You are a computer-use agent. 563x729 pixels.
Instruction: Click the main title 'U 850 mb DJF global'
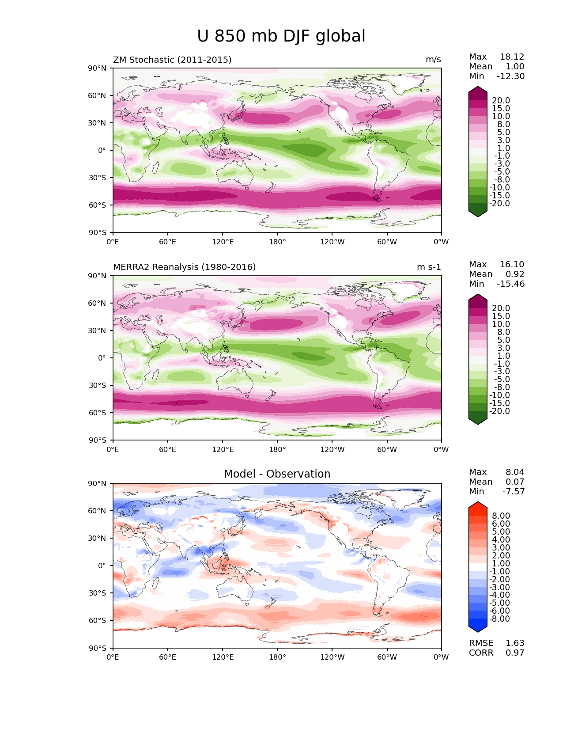pos(281,36)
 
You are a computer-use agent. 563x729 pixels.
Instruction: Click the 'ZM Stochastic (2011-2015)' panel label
pos(172,60)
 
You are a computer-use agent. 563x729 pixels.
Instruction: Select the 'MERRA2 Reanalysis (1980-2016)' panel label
pos(185,267)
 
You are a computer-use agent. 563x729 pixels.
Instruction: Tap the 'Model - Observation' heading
pos(277,474)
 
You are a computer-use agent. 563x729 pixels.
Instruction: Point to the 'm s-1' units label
pos(429,267)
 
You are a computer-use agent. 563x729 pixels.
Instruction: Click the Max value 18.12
pos(512,57)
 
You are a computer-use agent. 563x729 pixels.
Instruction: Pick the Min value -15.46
pos(511,284)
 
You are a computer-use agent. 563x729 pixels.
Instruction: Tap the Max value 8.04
pos(515,472)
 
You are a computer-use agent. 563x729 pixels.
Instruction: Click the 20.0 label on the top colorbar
pos(501,100)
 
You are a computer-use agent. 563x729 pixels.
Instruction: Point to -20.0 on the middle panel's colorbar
pos(499,411)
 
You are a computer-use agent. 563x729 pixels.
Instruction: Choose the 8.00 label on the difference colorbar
pos(501,516)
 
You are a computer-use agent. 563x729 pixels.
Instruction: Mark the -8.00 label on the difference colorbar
pos(499,619)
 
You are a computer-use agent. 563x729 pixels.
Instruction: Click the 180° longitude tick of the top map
pos(277,242)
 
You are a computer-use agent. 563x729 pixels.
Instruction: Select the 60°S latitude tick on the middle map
pos(97,413)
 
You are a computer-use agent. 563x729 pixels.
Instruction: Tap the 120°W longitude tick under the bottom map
pos(333,657)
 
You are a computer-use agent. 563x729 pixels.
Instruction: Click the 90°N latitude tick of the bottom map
pos(97,483)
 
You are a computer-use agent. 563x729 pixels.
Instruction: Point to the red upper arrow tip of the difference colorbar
pos(478,502)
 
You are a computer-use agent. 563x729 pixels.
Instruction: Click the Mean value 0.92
pos(515,274)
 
